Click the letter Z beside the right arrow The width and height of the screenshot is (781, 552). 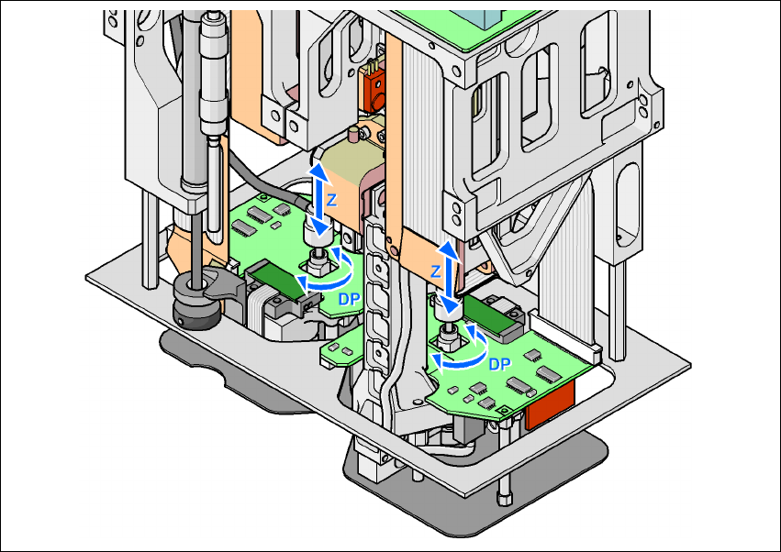coord(436,272)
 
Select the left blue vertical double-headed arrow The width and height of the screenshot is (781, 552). coord(318,201)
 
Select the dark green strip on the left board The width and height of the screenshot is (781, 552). coord(275,279)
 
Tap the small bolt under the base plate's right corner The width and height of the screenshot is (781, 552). coord(504,495)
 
